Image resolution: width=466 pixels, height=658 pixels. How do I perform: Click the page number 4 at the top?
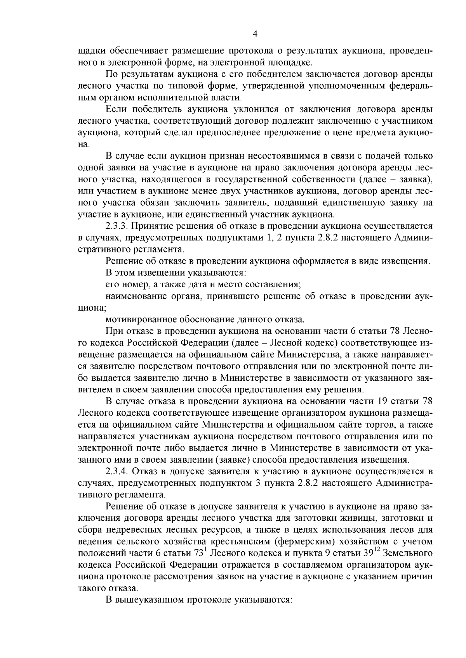[255, 34]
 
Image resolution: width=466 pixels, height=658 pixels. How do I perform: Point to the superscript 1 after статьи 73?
[207, 549]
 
